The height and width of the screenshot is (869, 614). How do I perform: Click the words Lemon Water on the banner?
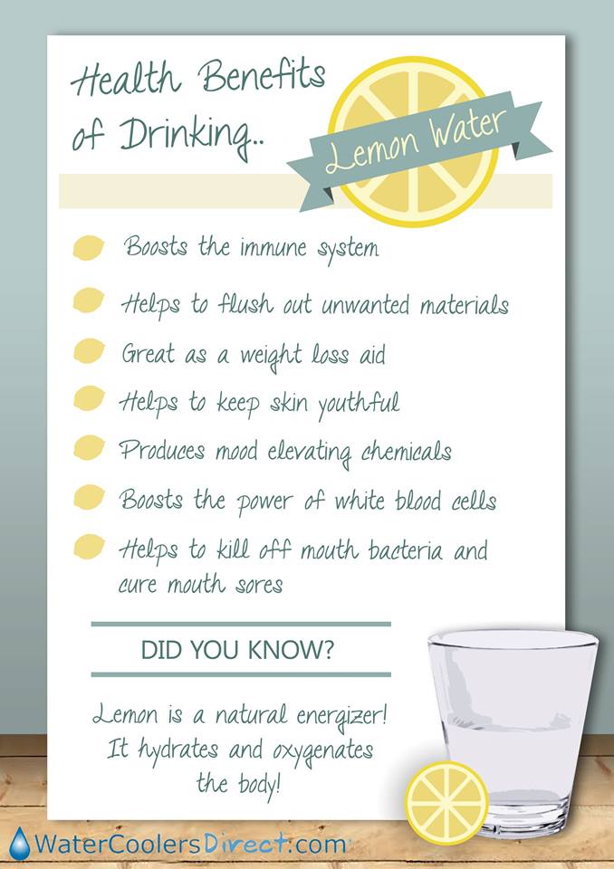pos(417,141)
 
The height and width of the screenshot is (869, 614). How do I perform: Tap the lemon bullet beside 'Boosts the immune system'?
pos(89,247)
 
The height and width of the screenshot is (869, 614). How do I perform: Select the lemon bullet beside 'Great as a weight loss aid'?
pos(89,351)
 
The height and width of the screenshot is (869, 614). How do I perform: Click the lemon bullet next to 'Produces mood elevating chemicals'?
pos(89,448)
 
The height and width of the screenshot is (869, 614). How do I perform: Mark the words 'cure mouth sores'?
pos(200,585)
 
